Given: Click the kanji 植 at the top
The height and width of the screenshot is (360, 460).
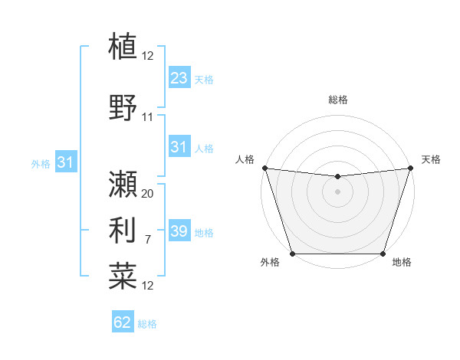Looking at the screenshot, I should click(x=123, y=46).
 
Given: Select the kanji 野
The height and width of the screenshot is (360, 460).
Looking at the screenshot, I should click(x=123, y=107).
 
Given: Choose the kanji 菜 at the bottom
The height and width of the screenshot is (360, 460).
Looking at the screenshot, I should click(x=123, y=275).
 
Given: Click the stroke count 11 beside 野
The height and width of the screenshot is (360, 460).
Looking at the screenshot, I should click(x=148, y=117).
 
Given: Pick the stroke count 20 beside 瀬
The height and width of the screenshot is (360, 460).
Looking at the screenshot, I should click(x=148, y=193).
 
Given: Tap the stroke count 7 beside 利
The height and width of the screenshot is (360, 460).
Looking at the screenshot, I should click(x=148, y=241).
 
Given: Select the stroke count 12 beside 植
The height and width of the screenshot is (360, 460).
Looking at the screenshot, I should click(x=148, y=55).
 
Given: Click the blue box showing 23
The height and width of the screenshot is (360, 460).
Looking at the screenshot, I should click(x=179, y=77).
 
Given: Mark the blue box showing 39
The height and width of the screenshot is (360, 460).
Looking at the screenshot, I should click(x=179, y=231).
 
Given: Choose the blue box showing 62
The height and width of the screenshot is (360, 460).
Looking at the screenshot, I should click(x=123, y=322).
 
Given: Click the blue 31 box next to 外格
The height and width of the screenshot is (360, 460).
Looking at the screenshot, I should click(x=65, y=162).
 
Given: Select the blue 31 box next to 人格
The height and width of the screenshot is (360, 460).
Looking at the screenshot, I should click(x=179, y=147).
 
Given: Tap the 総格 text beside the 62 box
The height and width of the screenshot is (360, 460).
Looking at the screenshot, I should click(x=147, y=324).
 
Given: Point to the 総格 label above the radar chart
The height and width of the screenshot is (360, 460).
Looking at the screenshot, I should click(x=337, y=100).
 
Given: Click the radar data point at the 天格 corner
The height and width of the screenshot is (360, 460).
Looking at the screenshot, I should click(x=409, y=168).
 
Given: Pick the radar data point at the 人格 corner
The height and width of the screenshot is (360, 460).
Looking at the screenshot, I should click(x=264, y=168).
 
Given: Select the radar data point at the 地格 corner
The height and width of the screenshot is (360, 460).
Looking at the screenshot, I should click(x=383, y=253).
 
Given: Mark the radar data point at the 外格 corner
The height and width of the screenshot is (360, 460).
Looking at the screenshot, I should click(x=292, y=253).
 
